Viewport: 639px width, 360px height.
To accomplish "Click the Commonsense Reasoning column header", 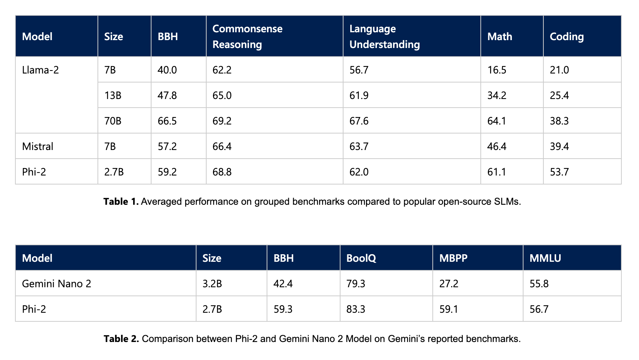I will click(247, 36).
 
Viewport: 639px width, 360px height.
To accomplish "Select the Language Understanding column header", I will click(384, 36).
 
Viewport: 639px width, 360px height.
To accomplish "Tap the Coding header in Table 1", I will click(567, 36).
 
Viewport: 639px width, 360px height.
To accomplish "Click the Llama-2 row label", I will click(40, 70).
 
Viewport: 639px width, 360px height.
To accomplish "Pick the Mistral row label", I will click(37, 146).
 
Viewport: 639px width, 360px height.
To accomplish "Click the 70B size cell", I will click(113, 121).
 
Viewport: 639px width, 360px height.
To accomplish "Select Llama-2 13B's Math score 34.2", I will click(496, 96).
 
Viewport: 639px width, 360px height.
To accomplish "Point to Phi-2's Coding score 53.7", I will click(559, 172).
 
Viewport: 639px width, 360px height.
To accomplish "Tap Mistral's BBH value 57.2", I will click(167, 147).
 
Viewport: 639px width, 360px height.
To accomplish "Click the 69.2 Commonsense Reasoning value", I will click(222, 121).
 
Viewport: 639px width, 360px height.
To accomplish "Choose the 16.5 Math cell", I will click(496, 70).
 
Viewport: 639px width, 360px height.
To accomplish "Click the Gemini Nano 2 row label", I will click(57, 283).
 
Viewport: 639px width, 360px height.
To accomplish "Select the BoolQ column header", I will click(361, 258).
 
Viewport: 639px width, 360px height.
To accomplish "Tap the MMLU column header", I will click(545, 258).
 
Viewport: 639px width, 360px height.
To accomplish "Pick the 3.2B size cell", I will click(212, 284).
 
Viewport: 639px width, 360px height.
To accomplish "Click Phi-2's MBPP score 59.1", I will click(448, 309).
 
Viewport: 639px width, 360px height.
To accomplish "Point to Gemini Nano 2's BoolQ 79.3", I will click(355, 284).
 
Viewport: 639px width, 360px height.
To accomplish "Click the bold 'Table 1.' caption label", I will click(121, 202).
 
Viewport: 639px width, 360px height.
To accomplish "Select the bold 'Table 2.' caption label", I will click(121, 339).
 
